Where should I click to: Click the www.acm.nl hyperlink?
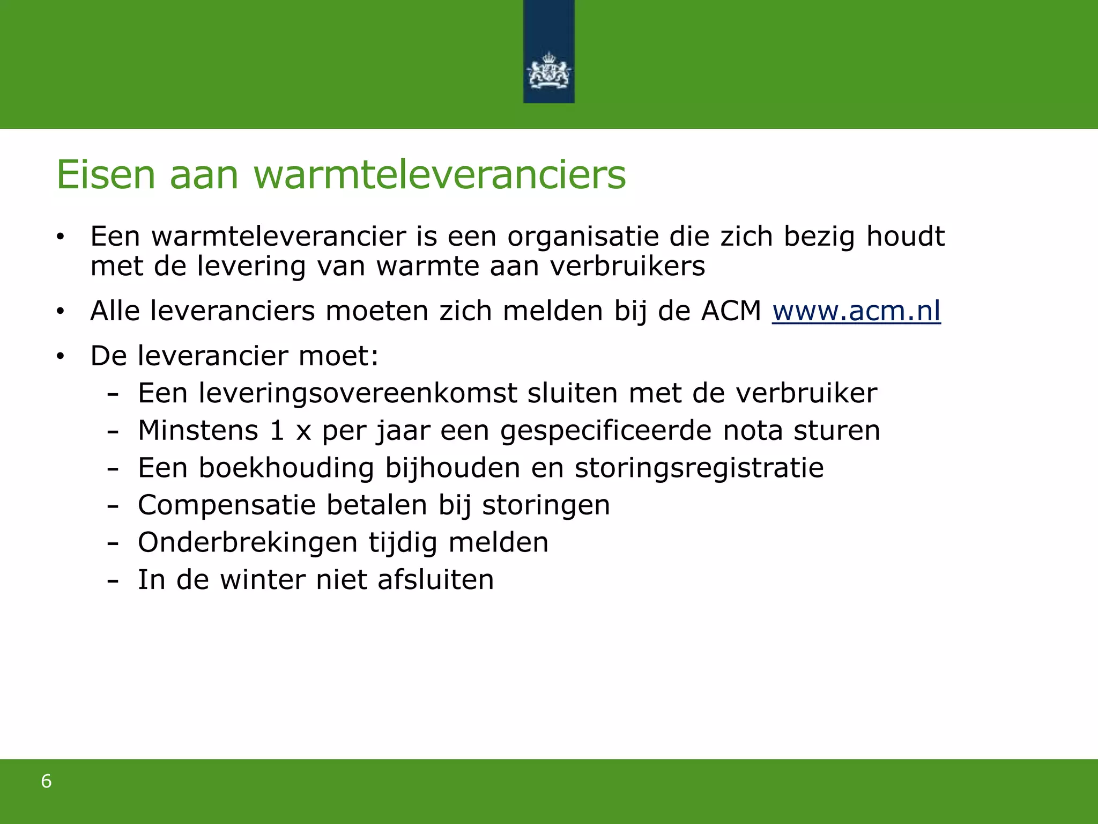pyautogui.click(x=856, y=311)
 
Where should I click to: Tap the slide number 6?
pyautogui.click(x=47, y=781)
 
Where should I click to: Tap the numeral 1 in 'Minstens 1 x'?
pyautogui.click(x=277, y=430)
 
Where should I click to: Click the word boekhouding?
pyautogui.click(x=286, y=468)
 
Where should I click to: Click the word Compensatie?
pyautogui.click(x=227, y=505)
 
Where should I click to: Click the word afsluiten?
pyautogui.click(x=435, y=579)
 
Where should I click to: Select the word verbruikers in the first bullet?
pyautogui.click(x=627, y=266)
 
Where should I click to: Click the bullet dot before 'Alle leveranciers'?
pyautogui.click(x=60, y=311)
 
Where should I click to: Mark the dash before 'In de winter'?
pyautogui.click(x=113, y=580)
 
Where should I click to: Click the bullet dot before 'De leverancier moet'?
pyautogui.click(x=60, y=356)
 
